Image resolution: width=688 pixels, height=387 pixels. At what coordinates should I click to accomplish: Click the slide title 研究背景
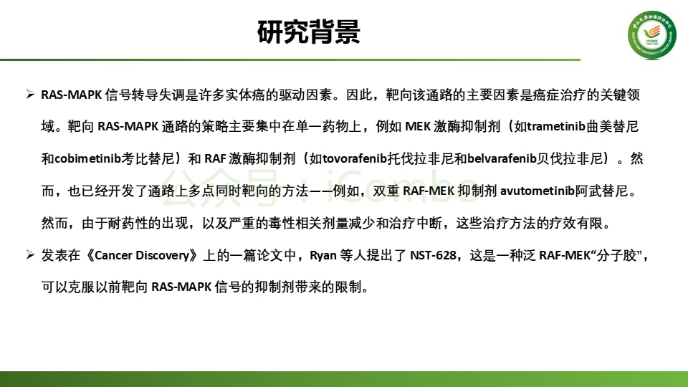coord(308,32)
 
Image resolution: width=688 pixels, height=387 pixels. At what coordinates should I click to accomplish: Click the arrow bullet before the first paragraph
coord(30,95)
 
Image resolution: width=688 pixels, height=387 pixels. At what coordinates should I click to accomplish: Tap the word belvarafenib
coord(503,159)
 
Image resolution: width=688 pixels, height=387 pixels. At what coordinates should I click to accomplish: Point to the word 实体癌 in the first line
coord(254,95)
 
